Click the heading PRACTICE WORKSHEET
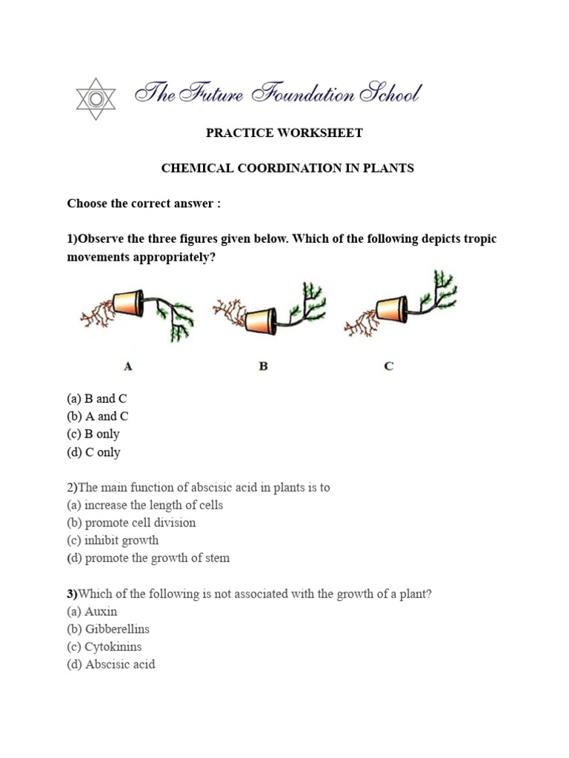(284, 133)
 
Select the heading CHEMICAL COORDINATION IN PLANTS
(287, 168)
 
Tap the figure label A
(128, 366)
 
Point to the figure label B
(263, 366)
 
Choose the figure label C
(389, 366)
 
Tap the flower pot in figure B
(261, 321)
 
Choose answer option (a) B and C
(97, 399)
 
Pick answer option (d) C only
(93, 452)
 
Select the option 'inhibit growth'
(113, 540)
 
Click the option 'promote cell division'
(131, 523)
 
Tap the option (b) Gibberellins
(108, 629)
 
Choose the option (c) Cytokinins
(104, 647)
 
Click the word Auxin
(102, 611)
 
